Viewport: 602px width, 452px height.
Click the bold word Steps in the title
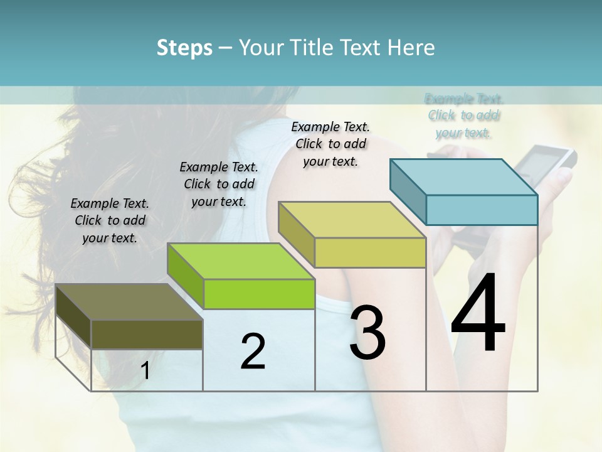pos(184,48)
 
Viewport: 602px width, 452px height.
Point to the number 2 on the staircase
pos(253,352)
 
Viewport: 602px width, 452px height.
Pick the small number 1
pos(145,371)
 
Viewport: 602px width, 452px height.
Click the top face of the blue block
pos(464,176)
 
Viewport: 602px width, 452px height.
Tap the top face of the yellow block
pos(352,220)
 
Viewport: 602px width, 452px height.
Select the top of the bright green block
pos(241,261)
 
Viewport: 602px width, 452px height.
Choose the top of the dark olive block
pos(129,302)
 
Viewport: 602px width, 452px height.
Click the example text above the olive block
pos(110,220)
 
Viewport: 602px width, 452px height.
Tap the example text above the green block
pos(219,184)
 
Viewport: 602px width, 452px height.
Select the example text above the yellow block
pos(330,144)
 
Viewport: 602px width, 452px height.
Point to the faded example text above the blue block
pos(464,116)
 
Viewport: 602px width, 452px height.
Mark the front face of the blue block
pos(482,210)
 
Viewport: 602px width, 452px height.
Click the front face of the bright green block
pos(260,294)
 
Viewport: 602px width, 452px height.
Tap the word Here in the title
pos(412,48)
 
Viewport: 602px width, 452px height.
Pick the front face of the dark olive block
pos(147,334)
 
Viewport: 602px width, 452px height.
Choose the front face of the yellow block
pos(370,252)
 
